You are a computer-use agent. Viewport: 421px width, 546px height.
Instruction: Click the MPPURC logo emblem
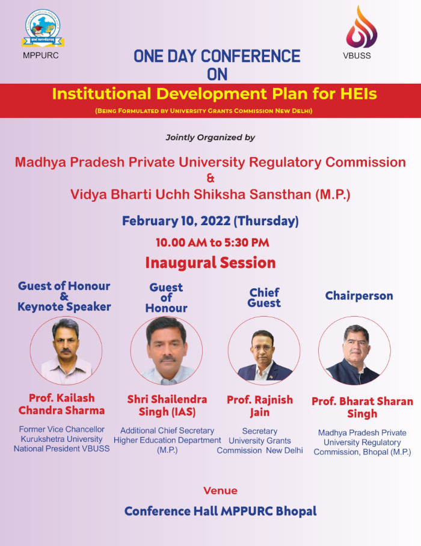[x=43, y=28]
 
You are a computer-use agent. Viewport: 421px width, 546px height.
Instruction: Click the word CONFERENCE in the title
[x=251, y=57]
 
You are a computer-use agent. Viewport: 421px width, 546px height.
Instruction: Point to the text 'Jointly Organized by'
[x=210, y=137]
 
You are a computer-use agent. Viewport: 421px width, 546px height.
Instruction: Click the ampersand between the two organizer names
[x=210, y=178]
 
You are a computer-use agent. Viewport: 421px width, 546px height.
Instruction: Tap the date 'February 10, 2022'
[x=176, y=221]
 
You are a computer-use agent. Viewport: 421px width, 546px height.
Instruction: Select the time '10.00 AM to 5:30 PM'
[x=212, y=243]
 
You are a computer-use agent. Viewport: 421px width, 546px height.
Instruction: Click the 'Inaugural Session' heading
[x=210, y=263]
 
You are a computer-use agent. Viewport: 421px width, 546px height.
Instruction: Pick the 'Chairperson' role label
[x=359, y=296]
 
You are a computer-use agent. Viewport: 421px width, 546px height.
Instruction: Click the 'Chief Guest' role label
[x=264, y=298]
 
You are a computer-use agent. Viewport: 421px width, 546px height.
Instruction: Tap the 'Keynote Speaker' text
[x=64, y=307]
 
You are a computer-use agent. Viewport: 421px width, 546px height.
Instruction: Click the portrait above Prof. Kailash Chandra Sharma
[x=66, y=350]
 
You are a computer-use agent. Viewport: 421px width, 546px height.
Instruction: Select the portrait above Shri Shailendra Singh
[x=167, y=350]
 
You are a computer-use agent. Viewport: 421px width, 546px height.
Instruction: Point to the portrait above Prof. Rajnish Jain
[x=264, y=350]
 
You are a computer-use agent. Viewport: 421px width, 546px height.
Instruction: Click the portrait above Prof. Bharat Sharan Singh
[x=355, y=350]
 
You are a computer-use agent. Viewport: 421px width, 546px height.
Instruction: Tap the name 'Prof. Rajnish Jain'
[x=260, y=406]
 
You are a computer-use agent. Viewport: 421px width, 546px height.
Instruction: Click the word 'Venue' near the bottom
[x=220, y=491]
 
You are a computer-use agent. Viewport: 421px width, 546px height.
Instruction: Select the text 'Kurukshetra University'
[x=61, y=439]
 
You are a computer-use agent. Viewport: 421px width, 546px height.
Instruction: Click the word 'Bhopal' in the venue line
[x=297, y=511]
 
